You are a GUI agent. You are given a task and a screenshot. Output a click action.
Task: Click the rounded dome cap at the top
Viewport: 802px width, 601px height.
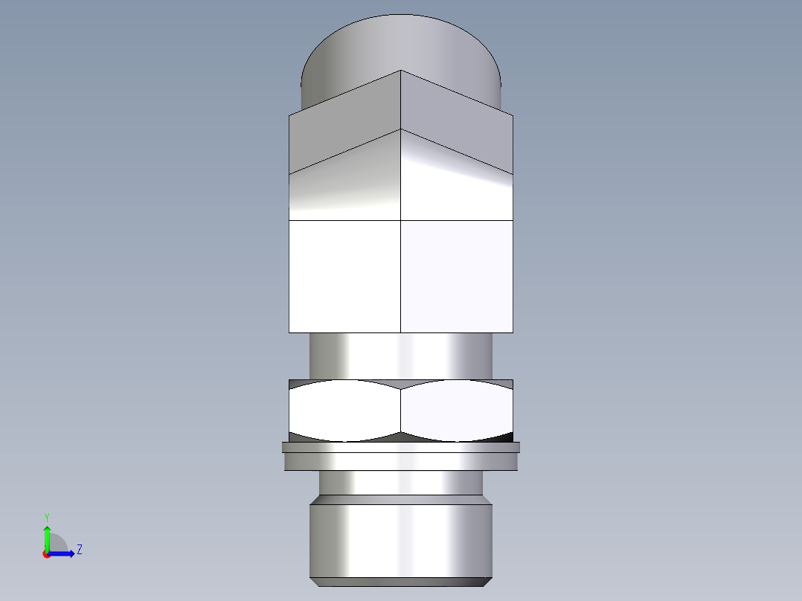[402, 45]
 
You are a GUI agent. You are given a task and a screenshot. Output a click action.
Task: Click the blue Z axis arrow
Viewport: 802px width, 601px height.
[63, 553]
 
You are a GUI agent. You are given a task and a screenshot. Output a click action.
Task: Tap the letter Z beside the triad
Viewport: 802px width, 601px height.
[79, 550]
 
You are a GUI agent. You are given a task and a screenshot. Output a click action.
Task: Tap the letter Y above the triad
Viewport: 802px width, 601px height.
[47, 516]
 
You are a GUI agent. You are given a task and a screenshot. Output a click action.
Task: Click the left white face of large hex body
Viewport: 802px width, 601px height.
[344, 276]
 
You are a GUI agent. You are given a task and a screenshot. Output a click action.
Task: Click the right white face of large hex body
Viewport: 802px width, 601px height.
[457, 276]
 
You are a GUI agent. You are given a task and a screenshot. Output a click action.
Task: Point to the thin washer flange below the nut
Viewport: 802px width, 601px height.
[402, 447]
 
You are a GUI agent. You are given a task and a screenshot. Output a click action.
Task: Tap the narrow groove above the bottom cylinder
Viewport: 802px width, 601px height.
[402, 483]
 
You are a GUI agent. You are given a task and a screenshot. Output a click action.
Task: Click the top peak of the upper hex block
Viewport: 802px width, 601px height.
[401, 72]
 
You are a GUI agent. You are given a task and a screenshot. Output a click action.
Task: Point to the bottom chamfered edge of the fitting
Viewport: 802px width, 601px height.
[402, 581]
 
